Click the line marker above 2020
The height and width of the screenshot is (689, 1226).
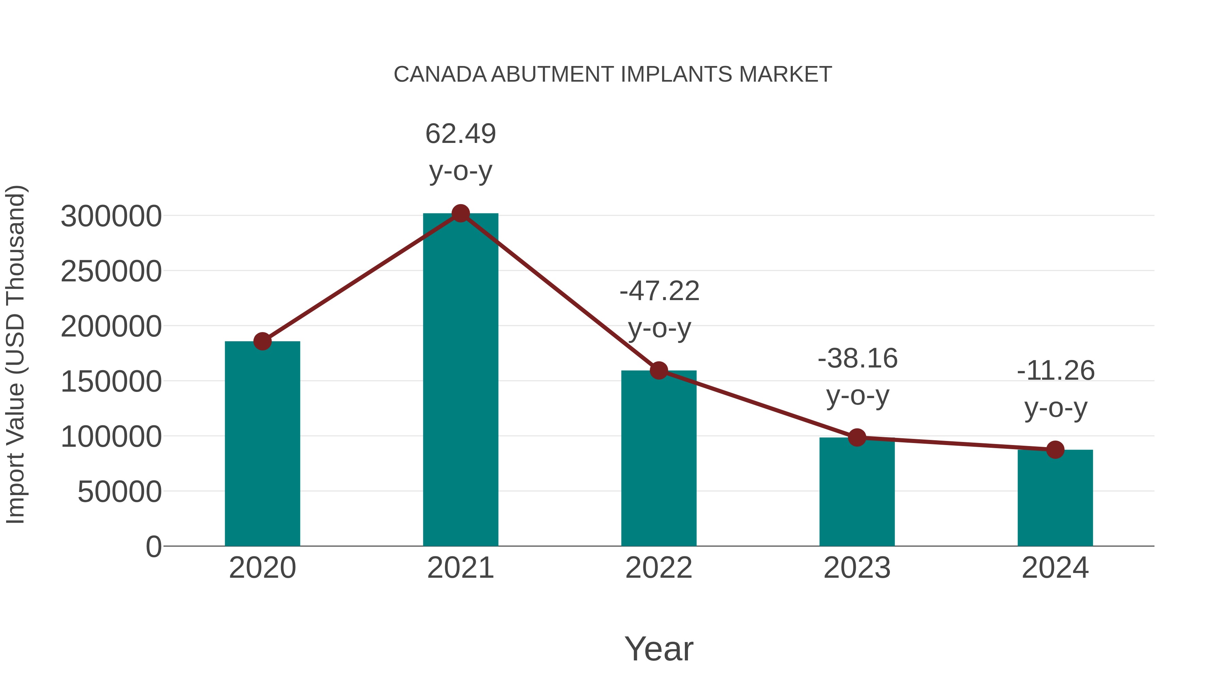pyautogui.click(x=262, y=341)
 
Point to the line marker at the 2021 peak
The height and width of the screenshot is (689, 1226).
pyautogui.click(x=460, y=213)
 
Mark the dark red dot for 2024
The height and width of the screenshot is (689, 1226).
pyautogui.click(x=1055, y=449)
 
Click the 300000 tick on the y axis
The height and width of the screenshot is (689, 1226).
pyautogui.click(x=111, y=216)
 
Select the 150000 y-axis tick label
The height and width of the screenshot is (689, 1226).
pyautogui.click(x=111, y=381)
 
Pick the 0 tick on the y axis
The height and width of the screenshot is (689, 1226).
pyautogui.click(x=153, y=546)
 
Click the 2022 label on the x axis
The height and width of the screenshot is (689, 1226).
pyautogui.click(x=659, y=568)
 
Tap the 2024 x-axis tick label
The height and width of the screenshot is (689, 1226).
pyautogui.click(x=1055, y=568)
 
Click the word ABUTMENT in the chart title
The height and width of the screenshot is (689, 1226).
pyautogui.click(x=553, y=75)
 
